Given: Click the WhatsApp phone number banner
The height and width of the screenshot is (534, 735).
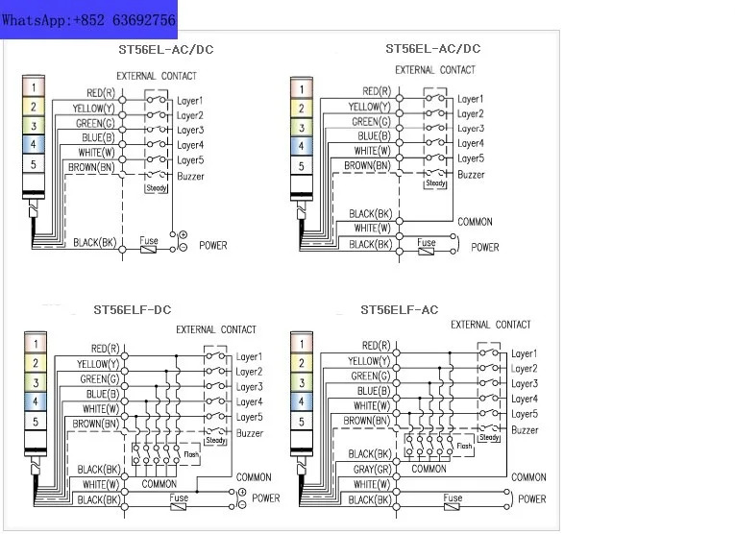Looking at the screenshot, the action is tap(88, 19).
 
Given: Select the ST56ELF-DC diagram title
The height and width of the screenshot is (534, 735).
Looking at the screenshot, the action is tap(133, 310).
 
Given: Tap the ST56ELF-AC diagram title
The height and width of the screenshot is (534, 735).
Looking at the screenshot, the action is tap(400, 310).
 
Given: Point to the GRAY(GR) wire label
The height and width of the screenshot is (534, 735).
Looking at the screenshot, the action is tap(372, 470).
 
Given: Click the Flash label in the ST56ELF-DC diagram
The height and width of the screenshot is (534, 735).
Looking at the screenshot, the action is tap(191, 454).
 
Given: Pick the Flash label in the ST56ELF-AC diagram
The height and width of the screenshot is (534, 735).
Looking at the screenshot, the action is tap(464, 446).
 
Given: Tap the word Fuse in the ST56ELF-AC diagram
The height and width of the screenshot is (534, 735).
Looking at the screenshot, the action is tap(453, 498).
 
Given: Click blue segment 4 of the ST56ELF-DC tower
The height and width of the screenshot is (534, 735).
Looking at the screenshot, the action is tap(36, 401).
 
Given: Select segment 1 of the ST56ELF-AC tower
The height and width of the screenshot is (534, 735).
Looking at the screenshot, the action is tap(302, 343).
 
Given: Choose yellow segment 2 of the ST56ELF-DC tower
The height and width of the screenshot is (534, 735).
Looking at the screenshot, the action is tap(36, 363).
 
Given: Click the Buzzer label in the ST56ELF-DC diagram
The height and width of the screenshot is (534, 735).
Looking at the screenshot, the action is tap(250, 433).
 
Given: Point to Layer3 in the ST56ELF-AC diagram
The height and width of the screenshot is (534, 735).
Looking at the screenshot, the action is tap(525, 383).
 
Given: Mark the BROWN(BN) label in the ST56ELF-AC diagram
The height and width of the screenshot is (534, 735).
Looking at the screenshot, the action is tap(367, 421).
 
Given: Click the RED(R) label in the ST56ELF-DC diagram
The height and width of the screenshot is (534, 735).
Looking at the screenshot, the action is tap(106, 349).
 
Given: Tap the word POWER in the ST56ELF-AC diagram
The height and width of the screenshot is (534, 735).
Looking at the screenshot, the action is tap(532, 499).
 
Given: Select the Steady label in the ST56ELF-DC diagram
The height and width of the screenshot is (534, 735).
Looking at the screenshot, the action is tap(215, 440).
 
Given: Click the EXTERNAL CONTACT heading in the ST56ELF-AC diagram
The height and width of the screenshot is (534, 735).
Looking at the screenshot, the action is tap(491, 325).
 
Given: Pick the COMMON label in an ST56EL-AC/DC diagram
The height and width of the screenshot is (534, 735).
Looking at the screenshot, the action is tap(475, 222).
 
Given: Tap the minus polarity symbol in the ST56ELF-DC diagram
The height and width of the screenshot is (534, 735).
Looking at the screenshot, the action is tap(242, 505).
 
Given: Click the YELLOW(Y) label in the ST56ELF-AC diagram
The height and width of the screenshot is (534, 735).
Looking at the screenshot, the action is tap(369, 361).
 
